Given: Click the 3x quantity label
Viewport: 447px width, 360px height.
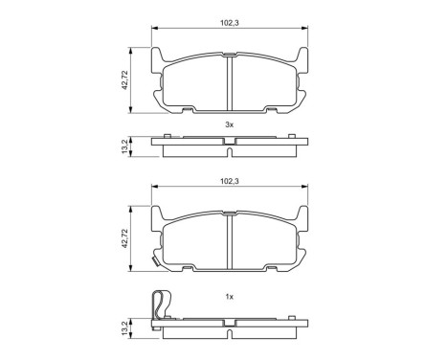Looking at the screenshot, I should pyautogui.click(x=230, y=124).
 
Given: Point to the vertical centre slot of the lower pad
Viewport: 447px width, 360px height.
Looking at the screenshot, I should pyautogui.click(x=230, y=239).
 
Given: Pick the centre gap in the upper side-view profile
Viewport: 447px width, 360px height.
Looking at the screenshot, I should pyautogui.click(x=230, y=141).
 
